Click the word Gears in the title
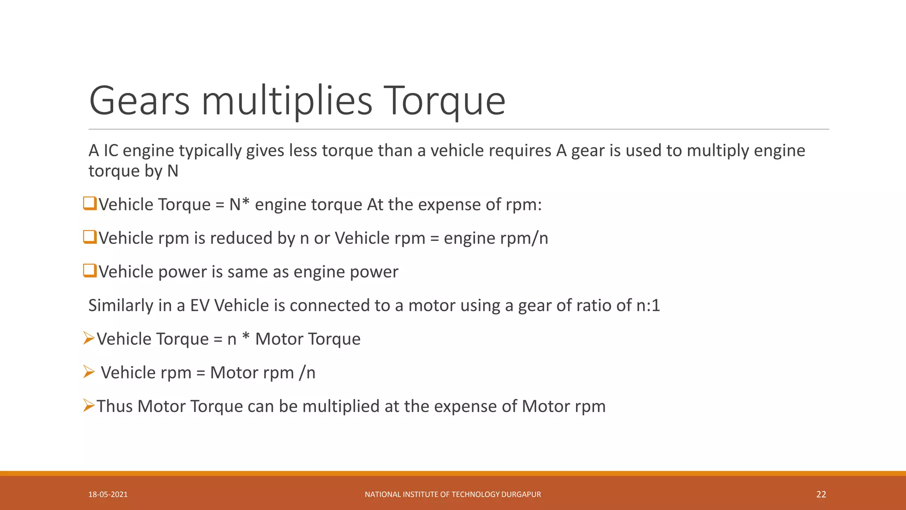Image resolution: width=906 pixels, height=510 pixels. tap(139, 101)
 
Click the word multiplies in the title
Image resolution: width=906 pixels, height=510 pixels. tap(287, 101)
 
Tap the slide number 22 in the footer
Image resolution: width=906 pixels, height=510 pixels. tap(821, 495)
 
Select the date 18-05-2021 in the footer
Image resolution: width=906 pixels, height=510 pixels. tap(108, 495)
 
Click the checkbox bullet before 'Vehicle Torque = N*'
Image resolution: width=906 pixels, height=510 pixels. tap(90, 204)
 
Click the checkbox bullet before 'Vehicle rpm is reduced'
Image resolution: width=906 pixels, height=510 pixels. tap(90, 237)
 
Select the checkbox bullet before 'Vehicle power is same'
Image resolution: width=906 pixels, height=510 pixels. tap(90, 271)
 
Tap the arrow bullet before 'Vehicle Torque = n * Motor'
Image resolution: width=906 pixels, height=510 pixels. tap(89, 339)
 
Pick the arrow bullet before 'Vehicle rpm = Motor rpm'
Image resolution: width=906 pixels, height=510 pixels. tap(89, 372)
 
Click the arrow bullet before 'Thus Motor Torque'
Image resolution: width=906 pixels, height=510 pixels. tap(89, 406)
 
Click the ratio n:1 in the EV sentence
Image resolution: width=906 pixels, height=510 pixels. tap(648, 305)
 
